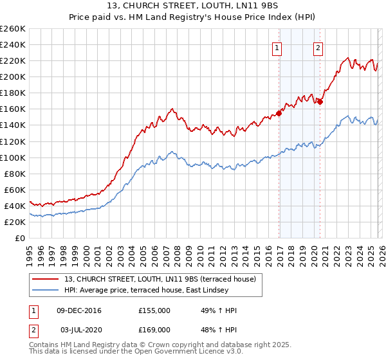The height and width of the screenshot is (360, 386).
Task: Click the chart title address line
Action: point(193,7)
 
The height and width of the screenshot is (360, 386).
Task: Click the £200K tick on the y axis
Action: point(13,76)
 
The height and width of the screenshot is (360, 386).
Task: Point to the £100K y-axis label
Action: point(13,157)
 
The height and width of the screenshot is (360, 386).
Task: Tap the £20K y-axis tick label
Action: point(15,222)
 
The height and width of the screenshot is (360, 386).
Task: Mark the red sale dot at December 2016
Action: point(279,113)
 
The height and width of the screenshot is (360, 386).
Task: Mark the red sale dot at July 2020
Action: point(320,101)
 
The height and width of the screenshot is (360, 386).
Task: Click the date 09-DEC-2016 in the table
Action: point(79,310)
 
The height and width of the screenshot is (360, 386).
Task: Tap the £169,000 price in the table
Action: point(154,329)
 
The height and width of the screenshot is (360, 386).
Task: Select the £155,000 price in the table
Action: point(154,310)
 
